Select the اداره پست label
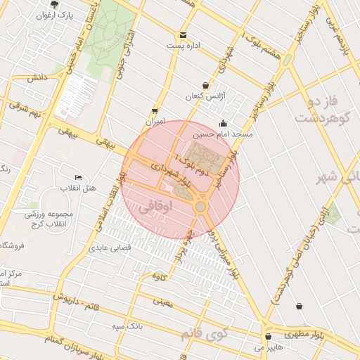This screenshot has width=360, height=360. point(184,45)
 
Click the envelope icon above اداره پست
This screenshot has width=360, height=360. point(183,34)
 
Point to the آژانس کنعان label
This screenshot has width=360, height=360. point(203,96)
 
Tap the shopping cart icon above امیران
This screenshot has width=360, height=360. point(155,110)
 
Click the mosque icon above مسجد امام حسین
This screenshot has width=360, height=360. point(224,124)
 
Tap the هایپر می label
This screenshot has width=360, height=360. point(268,347)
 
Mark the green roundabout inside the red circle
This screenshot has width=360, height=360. point(201,207)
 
